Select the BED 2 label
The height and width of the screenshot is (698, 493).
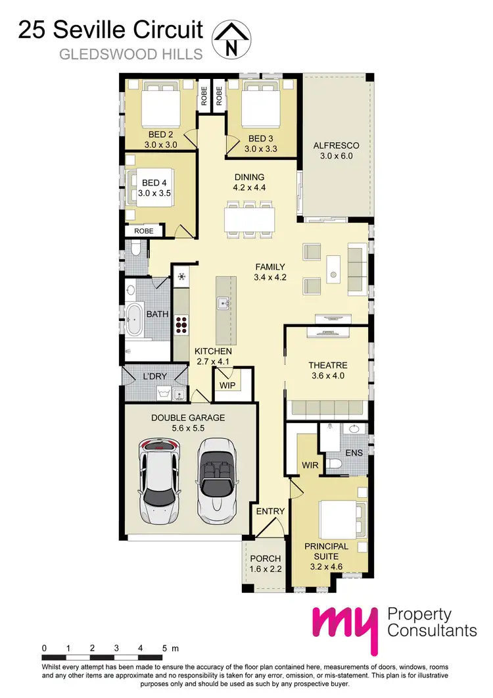(x=160, y=134)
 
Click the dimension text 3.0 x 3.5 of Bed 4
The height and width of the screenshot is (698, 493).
(x=154, y=193)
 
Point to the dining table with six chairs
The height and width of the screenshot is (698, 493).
(x=248, y=218)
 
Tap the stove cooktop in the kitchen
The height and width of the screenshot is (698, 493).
(x=181, y=323)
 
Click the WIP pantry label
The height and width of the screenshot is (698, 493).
(x=227, y=384)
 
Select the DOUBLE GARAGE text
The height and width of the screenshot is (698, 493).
(x=188, y=417)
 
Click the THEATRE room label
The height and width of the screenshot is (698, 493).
(x=328, y=365)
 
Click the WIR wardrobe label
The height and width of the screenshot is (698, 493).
(x=310, y=465)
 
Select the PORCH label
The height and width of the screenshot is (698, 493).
(x=266, y=559)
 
